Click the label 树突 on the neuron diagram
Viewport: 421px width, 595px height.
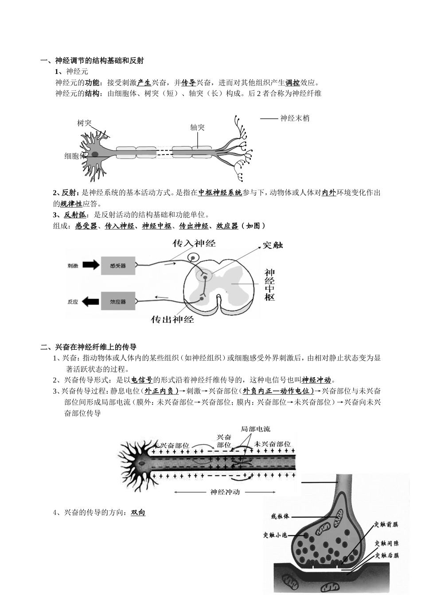click(84, 123)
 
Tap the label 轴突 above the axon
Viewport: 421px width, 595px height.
click(197, 127)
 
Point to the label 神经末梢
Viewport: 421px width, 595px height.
click(295, 118)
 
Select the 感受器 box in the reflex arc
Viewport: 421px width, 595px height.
click(117, 266)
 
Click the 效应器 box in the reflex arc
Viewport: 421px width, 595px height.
click(117, 301)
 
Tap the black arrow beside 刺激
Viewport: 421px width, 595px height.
click(91, 265)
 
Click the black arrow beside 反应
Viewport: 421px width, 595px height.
click(91, 301)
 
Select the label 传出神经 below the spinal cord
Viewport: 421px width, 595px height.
click(173, 319)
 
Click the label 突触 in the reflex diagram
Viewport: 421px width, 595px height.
click(273, 244)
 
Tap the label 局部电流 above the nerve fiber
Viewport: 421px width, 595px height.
click(255, 429)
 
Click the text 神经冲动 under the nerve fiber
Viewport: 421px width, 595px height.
click(225, 492)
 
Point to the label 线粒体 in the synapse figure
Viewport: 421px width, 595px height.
click(280, 516)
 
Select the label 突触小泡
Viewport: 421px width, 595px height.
click(276, 535)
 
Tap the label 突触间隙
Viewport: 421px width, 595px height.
click(386, 543)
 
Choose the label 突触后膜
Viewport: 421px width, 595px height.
click(386, 555)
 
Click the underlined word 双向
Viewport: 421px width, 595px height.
click(138, 513)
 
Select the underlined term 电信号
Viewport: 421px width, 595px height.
click(142, 380)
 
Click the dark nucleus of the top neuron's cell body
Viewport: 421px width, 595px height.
click(95, 154)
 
